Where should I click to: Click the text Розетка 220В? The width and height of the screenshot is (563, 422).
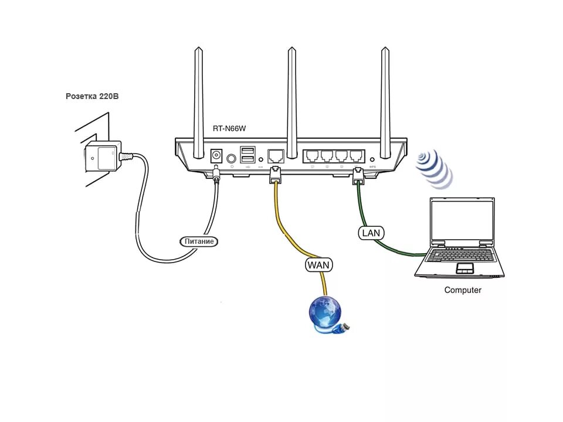(x=91, y=96)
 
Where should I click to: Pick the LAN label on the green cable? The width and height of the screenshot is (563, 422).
(x=371, y=233)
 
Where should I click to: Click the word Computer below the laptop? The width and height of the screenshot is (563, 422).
(x=463, y=290)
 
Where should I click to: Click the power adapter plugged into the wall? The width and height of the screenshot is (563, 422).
(x=103, y=157)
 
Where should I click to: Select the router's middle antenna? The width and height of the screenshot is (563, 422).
(x=291, y=94)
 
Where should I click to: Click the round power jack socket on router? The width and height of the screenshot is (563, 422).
(x=216, y=156)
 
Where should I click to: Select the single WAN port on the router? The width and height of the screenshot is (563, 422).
(x=275, y=156)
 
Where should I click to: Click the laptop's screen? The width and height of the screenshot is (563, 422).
(x=462, y=222)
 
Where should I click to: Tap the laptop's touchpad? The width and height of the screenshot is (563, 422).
(x=465, y=268)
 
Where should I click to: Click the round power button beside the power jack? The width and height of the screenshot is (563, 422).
(x=231, y=157)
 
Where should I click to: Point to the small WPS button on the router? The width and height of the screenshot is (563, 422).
(x=372, y=159)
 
